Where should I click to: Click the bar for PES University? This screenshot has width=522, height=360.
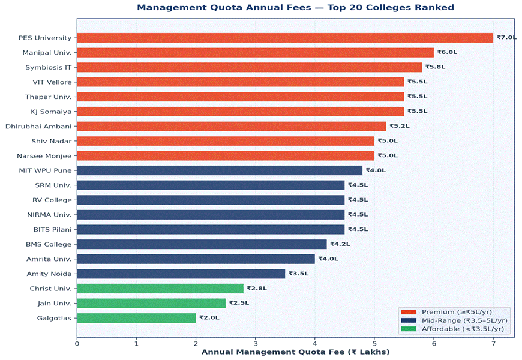pos(285,38)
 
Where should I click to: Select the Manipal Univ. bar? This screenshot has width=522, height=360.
pos(255,53)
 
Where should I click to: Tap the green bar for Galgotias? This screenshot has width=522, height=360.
pos(136,318)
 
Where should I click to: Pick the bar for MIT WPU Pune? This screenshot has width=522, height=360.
pos(220,170)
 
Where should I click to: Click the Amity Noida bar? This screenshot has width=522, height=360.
pos(181,274)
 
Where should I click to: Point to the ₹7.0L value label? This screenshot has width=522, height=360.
pos(506,38)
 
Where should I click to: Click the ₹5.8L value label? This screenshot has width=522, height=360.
pos(435,67)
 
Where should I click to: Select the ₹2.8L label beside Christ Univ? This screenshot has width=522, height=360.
pos(257,289)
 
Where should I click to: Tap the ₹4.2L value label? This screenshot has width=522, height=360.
pos(340,244)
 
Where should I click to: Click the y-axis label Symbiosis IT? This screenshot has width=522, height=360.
pos(52,67)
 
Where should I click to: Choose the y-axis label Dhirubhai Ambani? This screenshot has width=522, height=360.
pos(38,126)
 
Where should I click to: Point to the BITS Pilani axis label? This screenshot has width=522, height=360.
pos(49,229)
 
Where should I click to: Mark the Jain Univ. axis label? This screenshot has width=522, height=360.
pos(55,303)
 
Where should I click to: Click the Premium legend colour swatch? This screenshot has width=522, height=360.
pos(408,312)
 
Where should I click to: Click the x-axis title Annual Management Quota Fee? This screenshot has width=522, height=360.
pos(295,352)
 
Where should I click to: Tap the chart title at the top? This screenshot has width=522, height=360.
pos(295,8)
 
